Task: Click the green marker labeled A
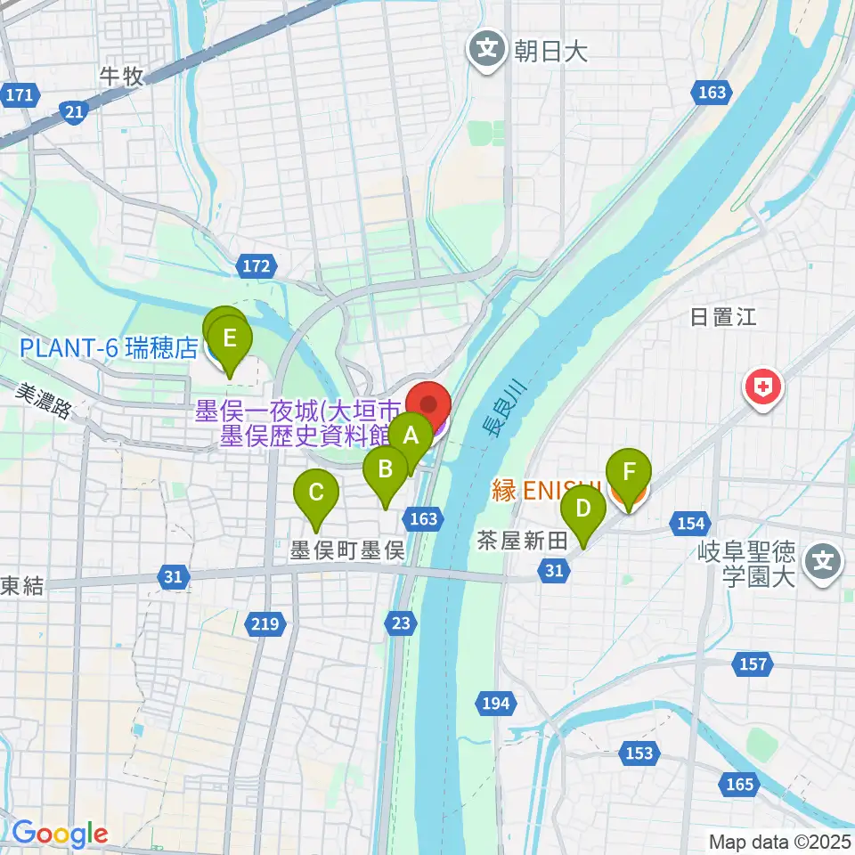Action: [x=411, y=436]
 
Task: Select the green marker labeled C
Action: [x=316, y=493]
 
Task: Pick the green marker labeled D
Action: [x=583, y=509]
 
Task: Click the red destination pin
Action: [x=428, y=406]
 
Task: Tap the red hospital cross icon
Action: [x=764, y=387]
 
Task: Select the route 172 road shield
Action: [x=256, y=265]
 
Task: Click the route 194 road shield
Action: [x=497, y=704]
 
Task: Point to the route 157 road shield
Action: [x=753, y=664]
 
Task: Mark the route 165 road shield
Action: [x=739, y=785]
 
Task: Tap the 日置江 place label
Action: [x=723, y=317]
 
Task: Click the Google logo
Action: [x=60, y=835]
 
